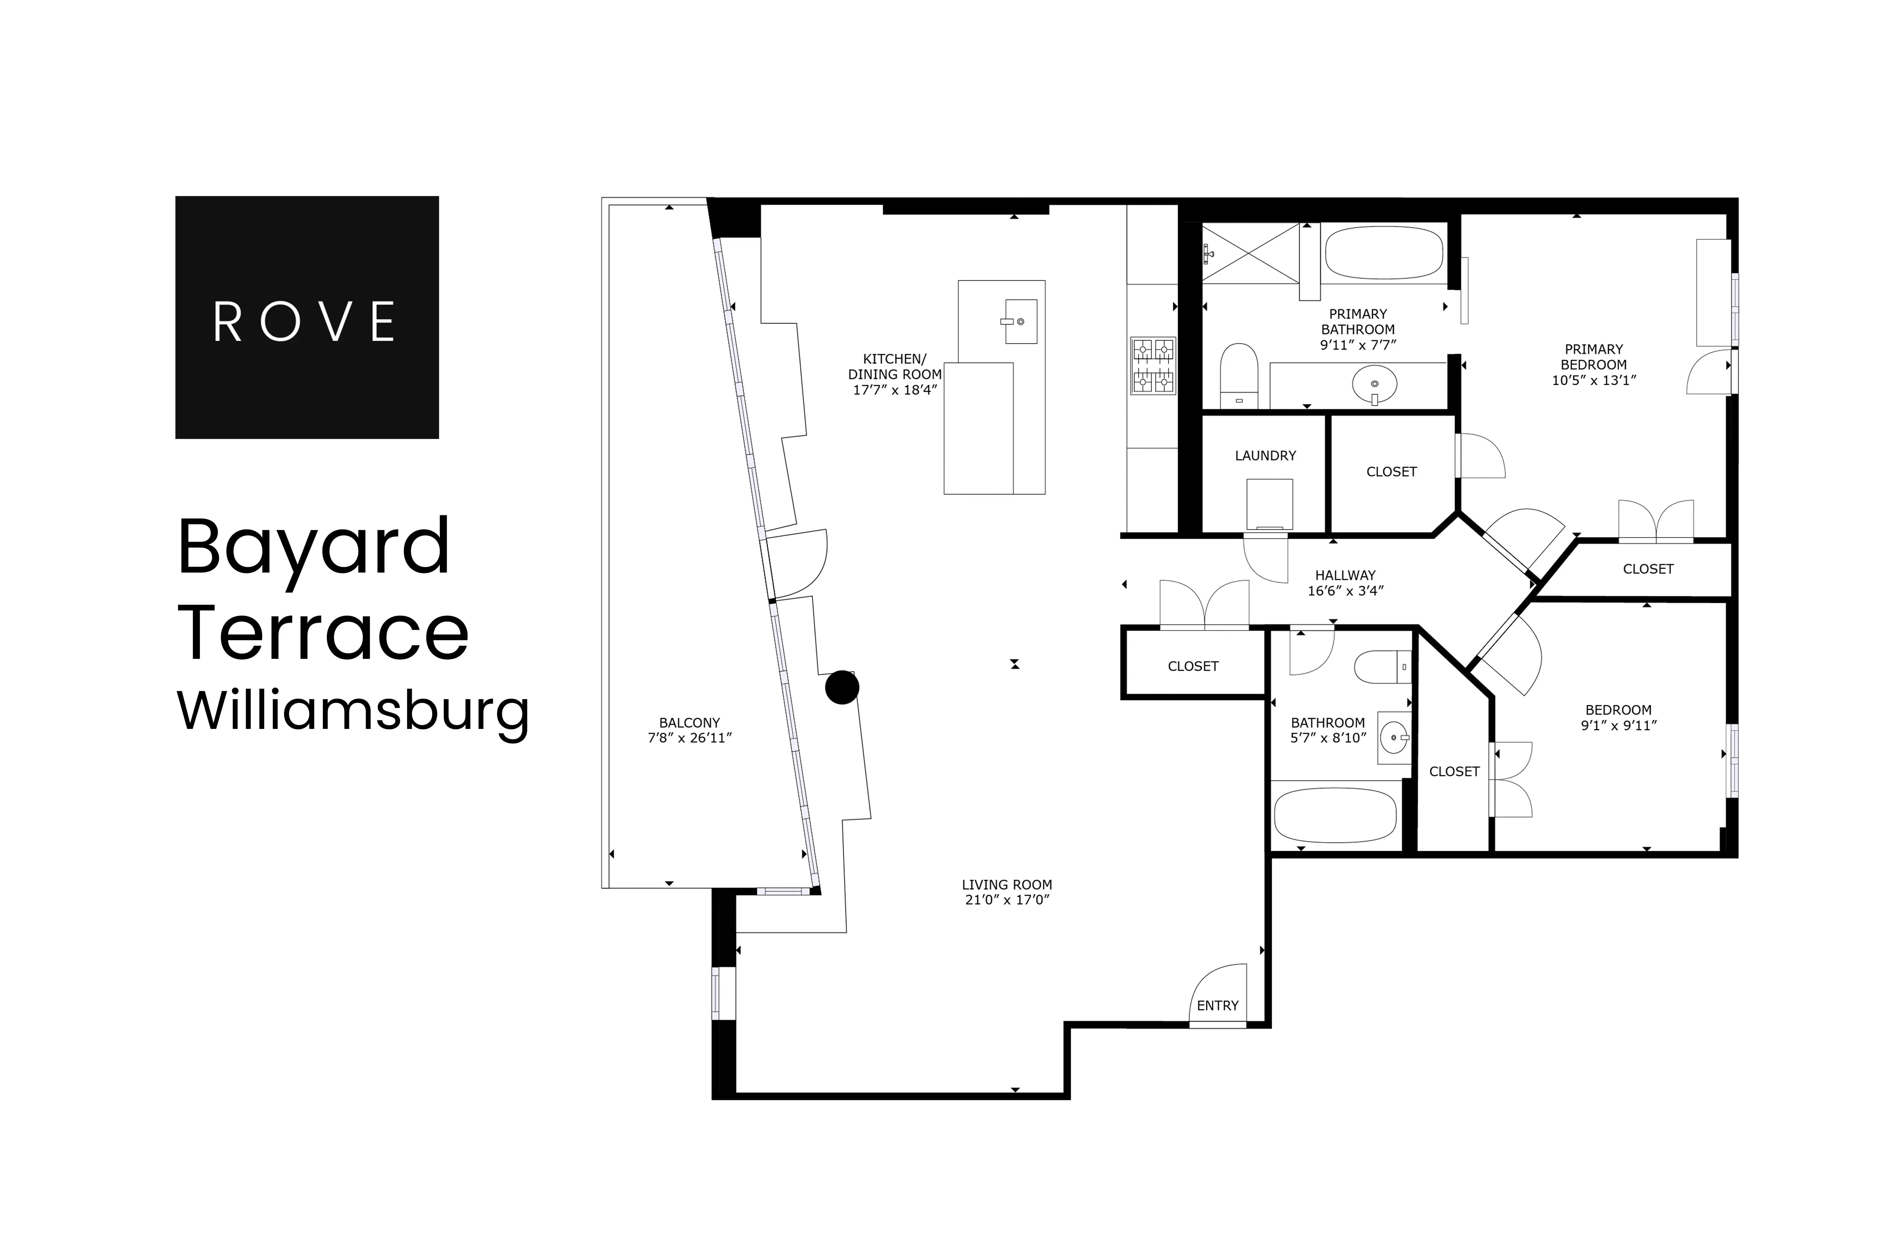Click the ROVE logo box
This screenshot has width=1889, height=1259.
coord(307,317)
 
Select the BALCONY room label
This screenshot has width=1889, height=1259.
coord(689,723)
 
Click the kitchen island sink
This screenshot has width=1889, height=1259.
coord(1020,321)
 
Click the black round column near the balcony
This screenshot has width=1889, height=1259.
coord(842,687)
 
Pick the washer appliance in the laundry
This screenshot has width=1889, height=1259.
coord(1269,504)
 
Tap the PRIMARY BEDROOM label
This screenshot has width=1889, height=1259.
coord(1593,357)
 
